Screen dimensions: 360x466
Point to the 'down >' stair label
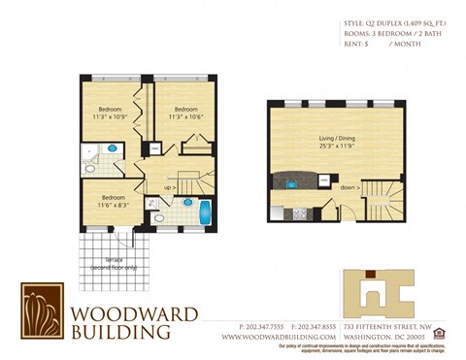coord(350,188)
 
